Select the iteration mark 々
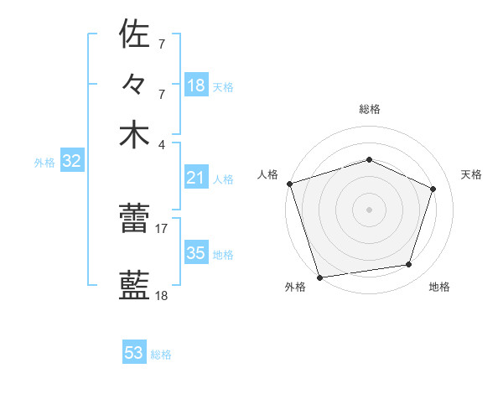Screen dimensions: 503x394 pyautogui.click(x=134, y=84)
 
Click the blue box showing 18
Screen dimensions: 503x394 pyautogui.click(x=196, y=86)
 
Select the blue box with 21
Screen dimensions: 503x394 pyautogui.click(x=196, y=178)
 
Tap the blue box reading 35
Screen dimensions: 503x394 pyautogui.click(x=196, y=253)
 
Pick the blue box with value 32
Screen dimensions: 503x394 pyautogui.click(x=71, y=162)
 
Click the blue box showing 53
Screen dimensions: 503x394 pyautogui.click(x=134, y=353)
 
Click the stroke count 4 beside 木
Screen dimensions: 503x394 pyautogui.click(x=162, y=143)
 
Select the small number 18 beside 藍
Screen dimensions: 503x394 pyautogui.click(x=162, y=296)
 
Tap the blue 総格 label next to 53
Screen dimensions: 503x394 pyautogui.click(x=161, y=355)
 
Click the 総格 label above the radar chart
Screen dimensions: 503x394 pyautogui.click(x=369, y=109)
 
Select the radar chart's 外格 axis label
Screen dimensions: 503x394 pyautogui.click(x=295, y=287)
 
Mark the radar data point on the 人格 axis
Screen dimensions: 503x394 pyautogui.click(x=289, y=184)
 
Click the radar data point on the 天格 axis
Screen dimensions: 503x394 pyautogui.click(x=433, y=189)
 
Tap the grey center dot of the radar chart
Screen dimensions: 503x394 pyautogui.click(x=369, y=209)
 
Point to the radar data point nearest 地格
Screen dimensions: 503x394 pyautogui.click(x=409, y=265)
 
